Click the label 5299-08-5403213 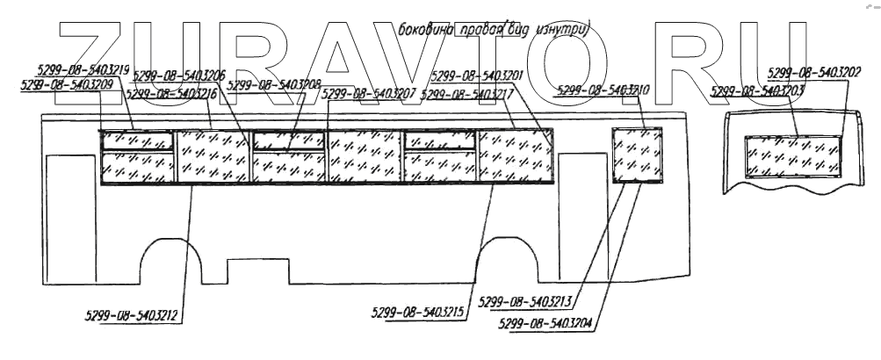tap(525, 303)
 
